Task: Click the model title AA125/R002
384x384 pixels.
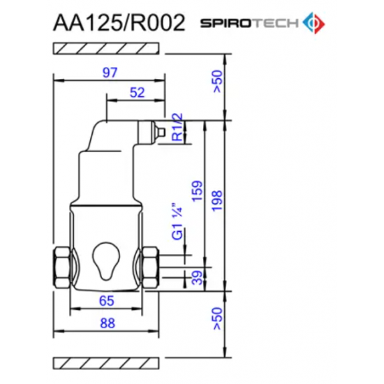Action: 119,23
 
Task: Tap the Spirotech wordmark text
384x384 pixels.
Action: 249,24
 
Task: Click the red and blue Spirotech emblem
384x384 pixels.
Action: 311,23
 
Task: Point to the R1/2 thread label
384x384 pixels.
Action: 177,127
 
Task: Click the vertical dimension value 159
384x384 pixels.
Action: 200,193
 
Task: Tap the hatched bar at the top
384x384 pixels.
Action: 107,49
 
